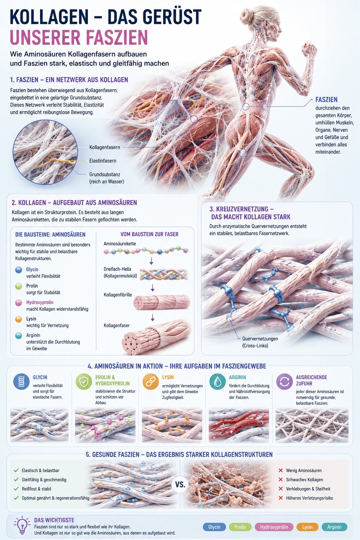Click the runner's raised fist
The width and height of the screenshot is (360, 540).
tap(309, 49)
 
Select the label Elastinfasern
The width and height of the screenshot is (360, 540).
tap(103, 161)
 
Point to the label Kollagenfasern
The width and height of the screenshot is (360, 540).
tap(105, 147)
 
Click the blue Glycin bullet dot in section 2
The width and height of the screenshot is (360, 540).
tap(19, 270)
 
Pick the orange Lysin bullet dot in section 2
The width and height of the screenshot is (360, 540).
tap(19, 319)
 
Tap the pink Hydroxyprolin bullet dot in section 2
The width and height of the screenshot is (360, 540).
tap(19, 303)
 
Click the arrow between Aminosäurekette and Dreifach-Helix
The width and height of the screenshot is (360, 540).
tap(151, 261)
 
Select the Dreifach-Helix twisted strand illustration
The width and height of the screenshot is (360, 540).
tap(164, 275)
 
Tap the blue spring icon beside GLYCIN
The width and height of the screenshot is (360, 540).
tap(21, 381)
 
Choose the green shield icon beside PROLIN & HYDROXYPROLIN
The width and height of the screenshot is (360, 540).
tap(84, 381)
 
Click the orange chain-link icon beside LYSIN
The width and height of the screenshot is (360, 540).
tap(150, 381)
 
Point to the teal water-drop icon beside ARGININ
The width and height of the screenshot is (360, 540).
tap(218, 381)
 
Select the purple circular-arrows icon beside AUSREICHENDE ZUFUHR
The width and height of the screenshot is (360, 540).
tap(284, 381)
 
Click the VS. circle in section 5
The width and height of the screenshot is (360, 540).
tap(180, 484)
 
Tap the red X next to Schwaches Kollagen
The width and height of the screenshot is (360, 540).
tap(281, 480)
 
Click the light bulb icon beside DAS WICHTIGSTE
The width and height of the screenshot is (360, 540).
tap(22, 525)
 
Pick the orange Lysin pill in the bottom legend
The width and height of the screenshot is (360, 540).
tap(307, 527)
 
